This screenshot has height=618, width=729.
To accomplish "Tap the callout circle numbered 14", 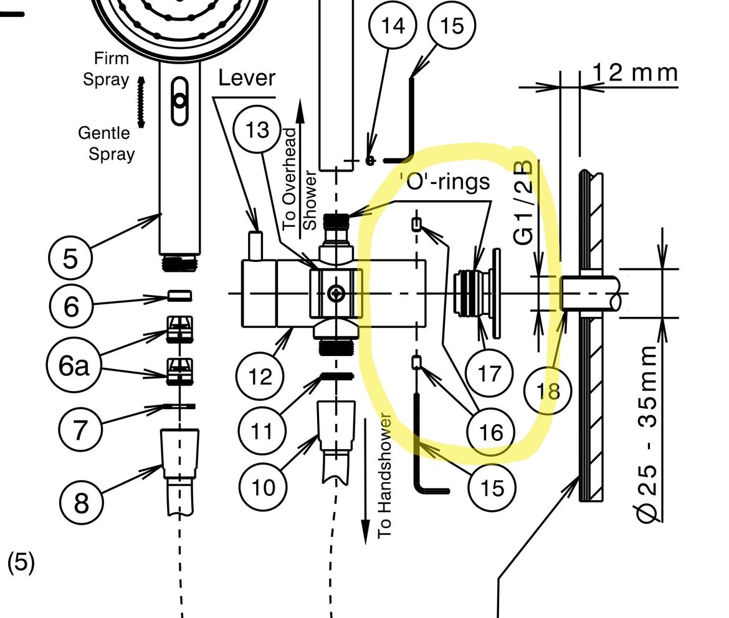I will pos(392,26).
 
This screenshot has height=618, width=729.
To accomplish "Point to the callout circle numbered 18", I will pos(548,391).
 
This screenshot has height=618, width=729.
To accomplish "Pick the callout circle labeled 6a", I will pos(74,367).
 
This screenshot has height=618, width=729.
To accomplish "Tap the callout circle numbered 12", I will pos(260,377).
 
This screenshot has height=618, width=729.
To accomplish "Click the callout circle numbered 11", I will pos(262,430).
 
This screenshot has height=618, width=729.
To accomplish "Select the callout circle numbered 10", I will pos(262,486).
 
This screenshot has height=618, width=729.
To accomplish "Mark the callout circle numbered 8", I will pos(82,502).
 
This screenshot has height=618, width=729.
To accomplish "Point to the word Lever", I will pos(247,78).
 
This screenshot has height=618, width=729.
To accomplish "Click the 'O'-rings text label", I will pos(444,181).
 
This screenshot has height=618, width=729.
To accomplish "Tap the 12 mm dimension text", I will pos(634,72).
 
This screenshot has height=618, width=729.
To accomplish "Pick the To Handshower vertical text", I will pos(385,475).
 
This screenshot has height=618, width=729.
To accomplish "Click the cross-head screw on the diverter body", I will pos(337,292).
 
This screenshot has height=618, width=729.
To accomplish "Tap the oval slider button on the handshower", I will pos(179,101).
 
